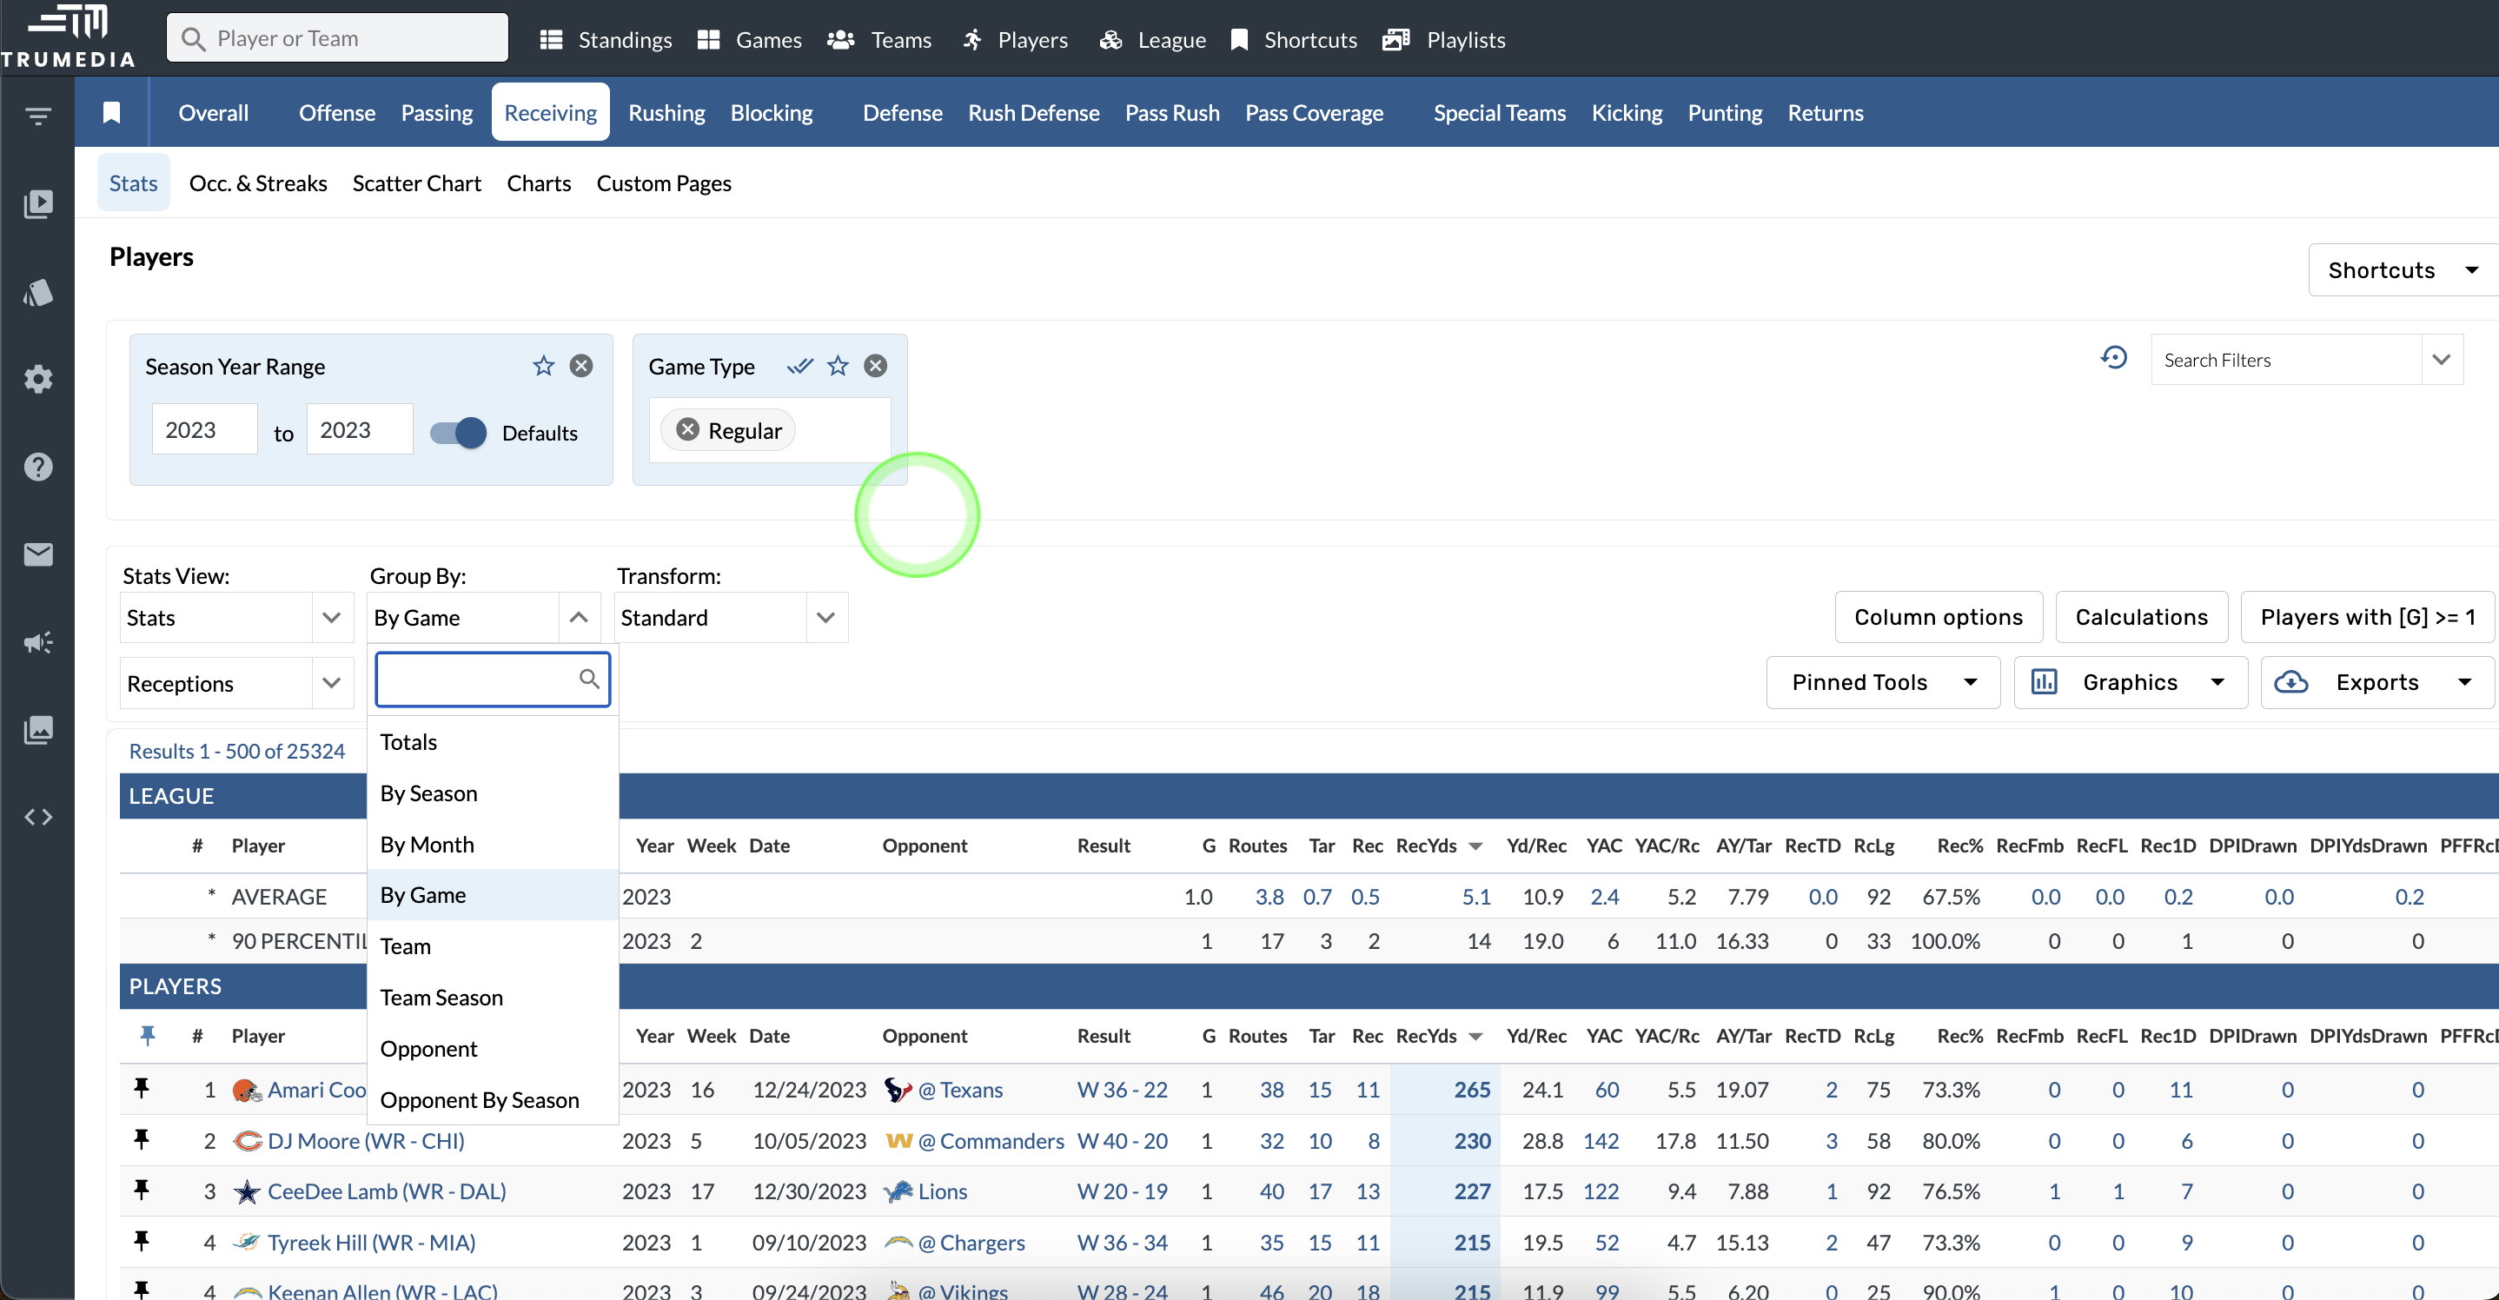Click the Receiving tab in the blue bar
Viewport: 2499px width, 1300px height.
550,113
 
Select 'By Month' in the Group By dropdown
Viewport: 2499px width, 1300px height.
427,844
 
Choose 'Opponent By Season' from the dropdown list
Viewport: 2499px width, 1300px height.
480,1099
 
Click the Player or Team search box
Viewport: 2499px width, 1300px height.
338,39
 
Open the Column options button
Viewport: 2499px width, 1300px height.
1938,617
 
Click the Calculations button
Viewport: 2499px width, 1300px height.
2141,617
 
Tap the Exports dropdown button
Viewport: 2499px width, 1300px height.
2376,682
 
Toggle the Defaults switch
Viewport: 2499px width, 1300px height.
459,432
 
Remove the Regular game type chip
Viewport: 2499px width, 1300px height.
688,430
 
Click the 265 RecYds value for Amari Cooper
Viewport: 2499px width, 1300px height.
1472,1090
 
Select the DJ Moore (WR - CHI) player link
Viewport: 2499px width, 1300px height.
366,1141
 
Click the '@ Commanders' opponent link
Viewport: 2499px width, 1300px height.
991,1141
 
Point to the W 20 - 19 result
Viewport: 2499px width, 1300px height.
1123,1191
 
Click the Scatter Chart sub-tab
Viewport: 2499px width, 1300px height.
416,183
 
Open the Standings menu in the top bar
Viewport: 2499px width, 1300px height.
607,40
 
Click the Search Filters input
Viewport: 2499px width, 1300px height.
2286,360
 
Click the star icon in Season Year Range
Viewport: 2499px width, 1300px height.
543,366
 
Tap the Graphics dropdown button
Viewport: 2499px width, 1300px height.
2130,682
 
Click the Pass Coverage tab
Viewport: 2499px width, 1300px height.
1314,113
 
